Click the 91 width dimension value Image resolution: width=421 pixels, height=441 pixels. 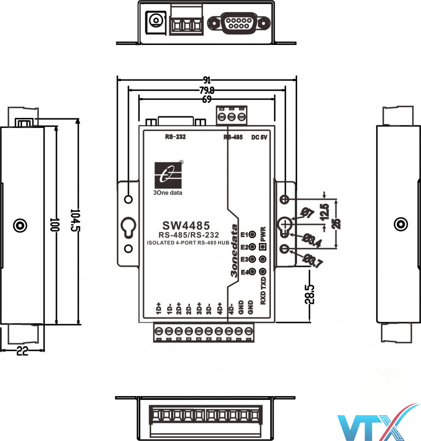coord(206,80)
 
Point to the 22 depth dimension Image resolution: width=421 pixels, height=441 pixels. coord(21,352)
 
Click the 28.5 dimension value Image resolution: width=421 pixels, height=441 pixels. coord(311,293)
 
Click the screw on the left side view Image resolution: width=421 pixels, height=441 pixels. coord(20,225)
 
